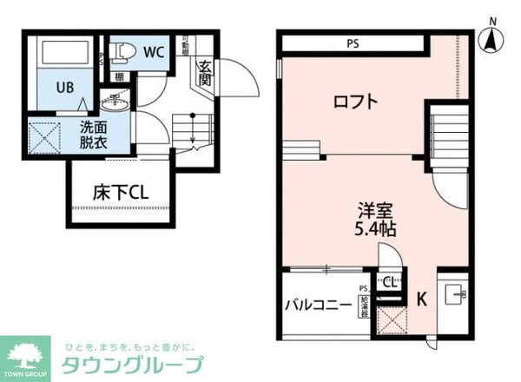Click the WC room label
pyautogui.click(x=154, y=51)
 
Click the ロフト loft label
pyautogui.click(x=356, y=102)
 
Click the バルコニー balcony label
pyautogui.click(x=319, y=305)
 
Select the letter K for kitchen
pyautogui.click(x=421, y=300)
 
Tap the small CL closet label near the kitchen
pyautogui.click(x=391, y=281)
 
